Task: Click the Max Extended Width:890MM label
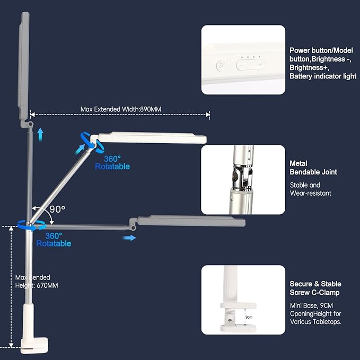pyautogui.click(x=120, y=109)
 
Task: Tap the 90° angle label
pyautogui.click(x=57, y=209)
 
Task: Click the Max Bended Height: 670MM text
pyautogui.click(x=37, y=282)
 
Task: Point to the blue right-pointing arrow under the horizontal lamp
pyautogui.click(x=129, y=238)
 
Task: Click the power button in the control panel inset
pyautogui.click(x=221, y=66)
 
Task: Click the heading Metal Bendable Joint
pyautogui.click(x=313, y=168)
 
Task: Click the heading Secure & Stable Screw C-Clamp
pyautogui.click(x=315, y=288)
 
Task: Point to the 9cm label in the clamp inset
pyautogui.click(x=248, y=317)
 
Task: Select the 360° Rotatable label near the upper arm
pyautogui.click(x=112, y=162)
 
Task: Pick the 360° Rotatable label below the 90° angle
pyautogui.click(x=54, y=239)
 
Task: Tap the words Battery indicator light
pyautogui.click(x=322, y=76)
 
